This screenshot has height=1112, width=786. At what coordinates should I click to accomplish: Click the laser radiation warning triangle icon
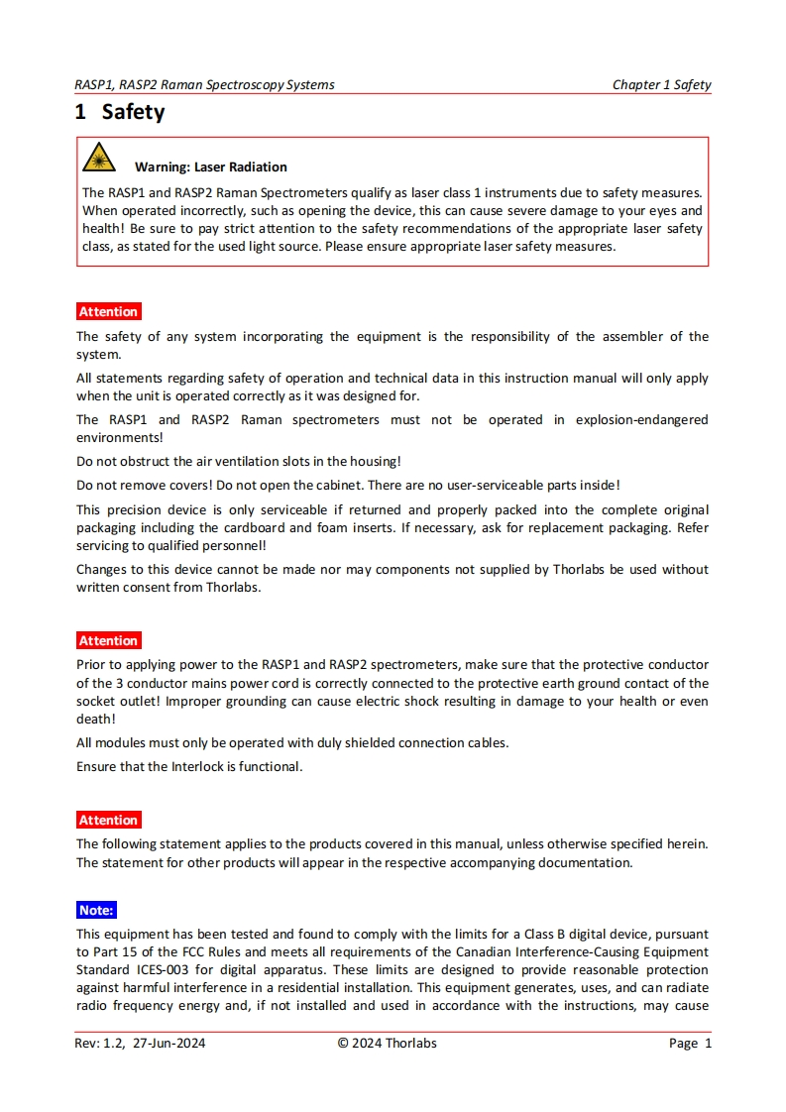point(98,159)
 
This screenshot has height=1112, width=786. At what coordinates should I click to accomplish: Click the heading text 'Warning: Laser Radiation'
point(211,167)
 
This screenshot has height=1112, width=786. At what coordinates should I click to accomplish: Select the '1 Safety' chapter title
point(120,112)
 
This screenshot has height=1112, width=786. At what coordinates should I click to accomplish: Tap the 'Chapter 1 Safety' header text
point(661,84)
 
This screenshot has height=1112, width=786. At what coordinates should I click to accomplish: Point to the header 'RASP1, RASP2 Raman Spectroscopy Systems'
point(204,84)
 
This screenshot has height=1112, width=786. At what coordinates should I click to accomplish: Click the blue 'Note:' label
point(96,910)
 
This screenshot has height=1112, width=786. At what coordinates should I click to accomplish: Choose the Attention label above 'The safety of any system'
point(108,311)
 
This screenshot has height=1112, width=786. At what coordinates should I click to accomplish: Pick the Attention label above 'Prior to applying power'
point(108,640)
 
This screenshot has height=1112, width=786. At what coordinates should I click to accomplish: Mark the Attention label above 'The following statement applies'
point(108,820)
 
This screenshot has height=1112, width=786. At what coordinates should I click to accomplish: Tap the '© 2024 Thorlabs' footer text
point(387,1043)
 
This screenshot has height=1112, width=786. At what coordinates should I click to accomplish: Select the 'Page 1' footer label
point(690,1043)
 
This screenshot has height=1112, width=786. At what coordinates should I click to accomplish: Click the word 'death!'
point(96,720)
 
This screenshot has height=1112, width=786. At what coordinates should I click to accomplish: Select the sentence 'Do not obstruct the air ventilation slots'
point(238,461)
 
